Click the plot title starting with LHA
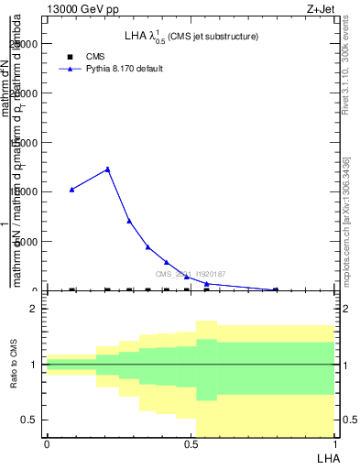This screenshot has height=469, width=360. [191, 37]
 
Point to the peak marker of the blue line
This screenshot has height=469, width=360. [108, 169]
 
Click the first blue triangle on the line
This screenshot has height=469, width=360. [72, 190]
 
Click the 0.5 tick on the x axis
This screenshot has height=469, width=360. [191, 444]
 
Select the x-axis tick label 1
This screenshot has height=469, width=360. [334, 444]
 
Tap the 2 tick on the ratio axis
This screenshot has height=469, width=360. [33, 309]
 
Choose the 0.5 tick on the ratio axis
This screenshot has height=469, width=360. [29, 420]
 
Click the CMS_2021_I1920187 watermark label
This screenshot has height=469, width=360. [190, 274]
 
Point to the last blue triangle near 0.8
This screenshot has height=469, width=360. [276, 289]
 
